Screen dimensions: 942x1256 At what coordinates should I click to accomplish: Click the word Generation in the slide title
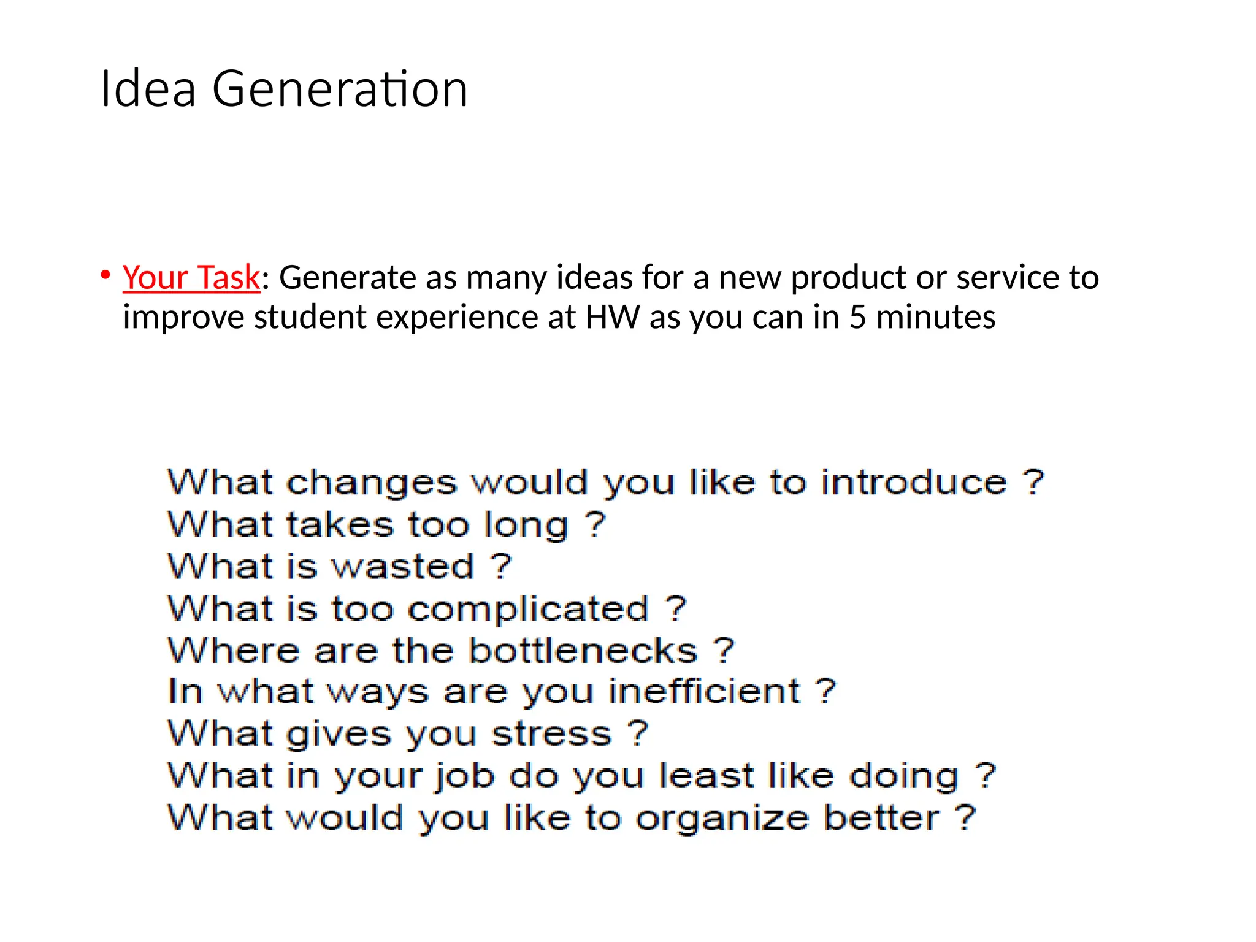340,90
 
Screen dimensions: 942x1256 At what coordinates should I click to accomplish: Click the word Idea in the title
148,90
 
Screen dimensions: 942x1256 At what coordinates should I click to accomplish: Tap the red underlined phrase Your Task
191,277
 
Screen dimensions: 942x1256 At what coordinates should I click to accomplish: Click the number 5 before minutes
857,317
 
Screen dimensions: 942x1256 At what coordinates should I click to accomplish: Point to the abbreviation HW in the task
612,317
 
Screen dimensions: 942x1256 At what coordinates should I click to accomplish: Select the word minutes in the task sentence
936,317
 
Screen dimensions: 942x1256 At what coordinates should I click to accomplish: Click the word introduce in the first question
914,482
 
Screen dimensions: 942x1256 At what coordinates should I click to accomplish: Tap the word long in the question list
526,525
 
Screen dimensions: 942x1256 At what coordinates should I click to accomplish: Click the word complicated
528,609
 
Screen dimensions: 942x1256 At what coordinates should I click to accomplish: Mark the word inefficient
704,692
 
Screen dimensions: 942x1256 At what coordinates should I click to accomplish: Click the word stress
552,733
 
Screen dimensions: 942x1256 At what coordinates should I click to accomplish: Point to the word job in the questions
465,776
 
